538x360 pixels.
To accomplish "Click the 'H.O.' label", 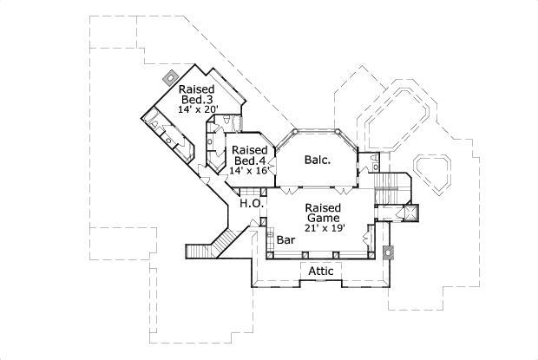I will coord(253,203).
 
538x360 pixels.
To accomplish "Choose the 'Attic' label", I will coord(322,272).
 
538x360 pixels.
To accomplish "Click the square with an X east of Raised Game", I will coord(409,212).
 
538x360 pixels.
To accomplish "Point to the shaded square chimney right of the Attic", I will coord(386,253).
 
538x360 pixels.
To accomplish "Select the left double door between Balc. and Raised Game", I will coord(287,187).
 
